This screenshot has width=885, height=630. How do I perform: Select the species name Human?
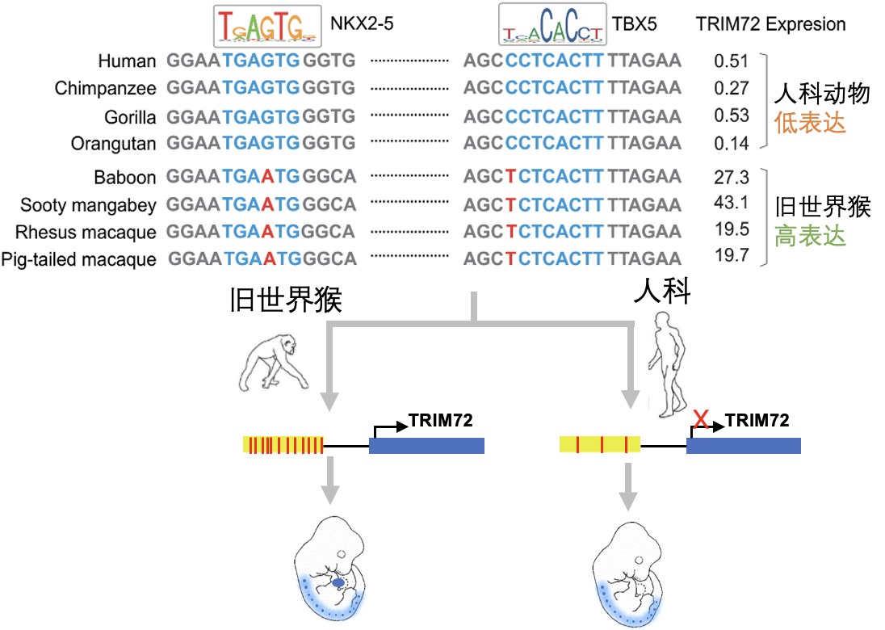(x=127, y=61)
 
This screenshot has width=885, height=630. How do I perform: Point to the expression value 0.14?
(x=732, y=143)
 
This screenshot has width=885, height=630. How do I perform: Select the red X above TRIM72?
(x=703, y=418)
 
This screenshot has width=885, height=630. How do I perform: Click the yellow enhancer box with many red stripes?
(x=283, y=445)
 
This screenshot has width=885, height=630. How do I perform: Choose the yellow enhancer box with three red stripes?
(x=599, y=443)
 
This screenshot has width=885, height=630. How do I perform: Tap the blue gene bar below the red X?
(x=743, y=446)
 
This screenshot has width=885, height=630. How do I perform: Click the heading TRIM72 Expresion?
(x=770, y=24)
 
